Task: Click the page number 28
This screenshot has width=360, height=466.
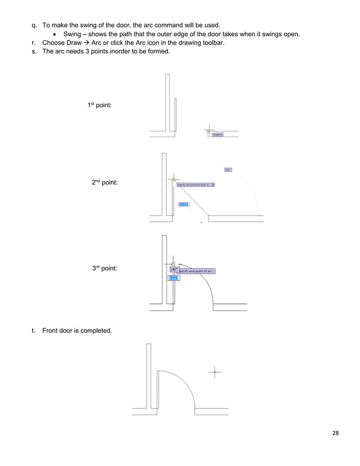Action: tap(335, 433)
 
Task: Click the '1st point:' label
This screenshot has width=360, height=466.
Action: tap(99, 105)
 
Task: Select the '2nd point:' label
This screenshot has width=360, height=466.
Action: tap(105, 183)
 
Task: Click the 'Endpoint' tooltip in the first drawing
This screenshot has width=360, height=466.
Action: tap(217, 134)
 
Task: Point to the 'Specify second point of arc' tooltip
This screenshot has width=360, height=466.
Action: tap(195, 184)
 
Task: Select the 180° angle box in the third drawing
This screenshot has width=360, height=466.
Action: tap(174, 270)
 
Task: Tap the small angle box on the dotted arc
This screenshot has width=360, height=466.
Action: tap(228, 169)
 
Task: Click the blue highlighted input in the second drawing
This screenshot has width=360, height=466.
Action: tap(183, 204)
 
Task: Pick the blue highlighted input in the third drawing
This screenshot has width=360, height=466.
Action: tap(174, 278)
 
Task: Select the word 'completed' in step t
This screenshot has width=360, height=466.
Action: tap(95, 331)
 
